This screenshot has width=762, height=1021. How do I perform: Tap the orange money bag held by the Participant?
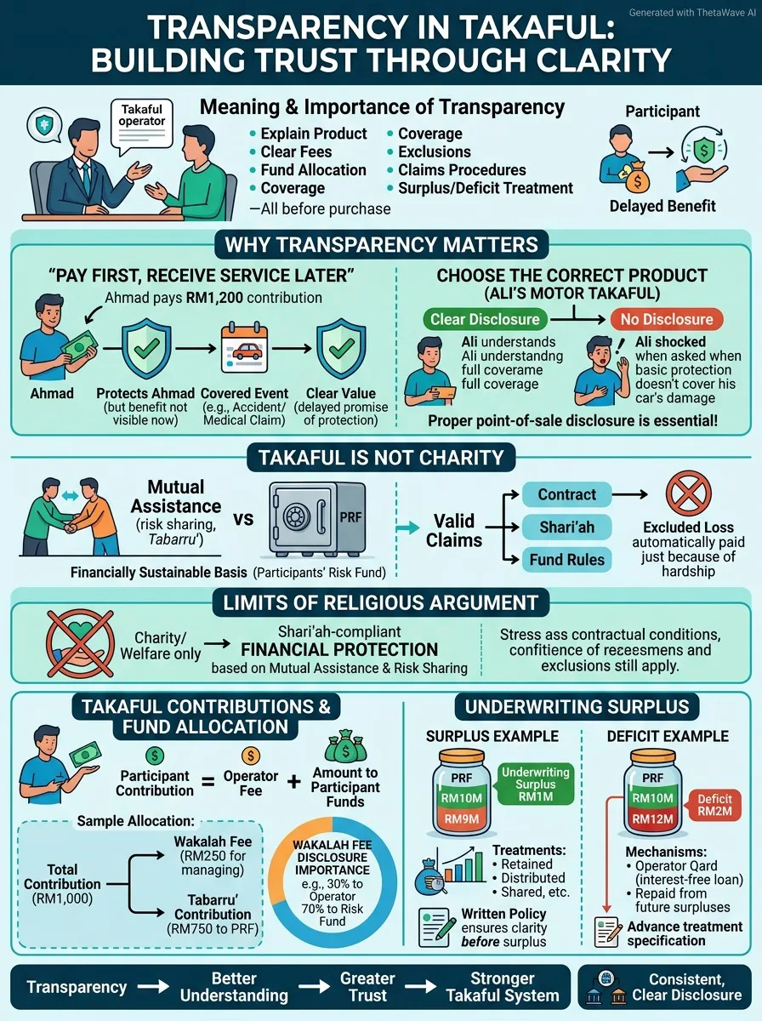click(x=636, y=177)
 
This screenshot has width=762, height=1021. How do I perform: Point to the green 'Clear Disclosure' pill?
click(x=485, y=319)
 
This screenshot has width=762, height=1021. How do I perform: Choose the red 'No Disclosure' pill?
click(x=667, y=319)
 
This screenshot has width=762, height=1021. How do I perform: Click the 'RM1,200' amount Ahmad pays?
click(x=214, y=298)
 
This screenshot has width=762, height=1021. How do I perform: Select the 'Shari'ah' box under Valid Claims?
click(x=566, y=527)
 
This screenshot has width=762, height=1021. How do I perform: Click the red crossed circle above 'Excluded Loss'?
click(x=688, y=493)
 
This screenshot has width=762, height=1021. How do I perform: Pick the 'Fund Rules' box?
click(x=566, y=560)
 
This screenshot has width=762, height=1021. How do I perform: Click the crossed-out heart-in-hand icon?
click(x=81, y=643)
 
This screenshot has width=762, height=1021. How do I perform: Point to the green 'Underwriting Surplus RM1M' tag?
click(x=535, y=784)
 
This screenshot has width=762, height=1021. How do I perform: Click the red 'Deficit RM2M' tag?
click(x=714, y=805)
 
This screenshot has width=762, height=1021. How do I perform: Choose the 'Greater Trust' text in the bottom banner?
click(x=367, y=987)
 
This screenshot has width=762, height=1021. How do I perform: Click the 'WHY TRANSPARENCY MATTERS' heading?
click(x=381, y=245)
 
